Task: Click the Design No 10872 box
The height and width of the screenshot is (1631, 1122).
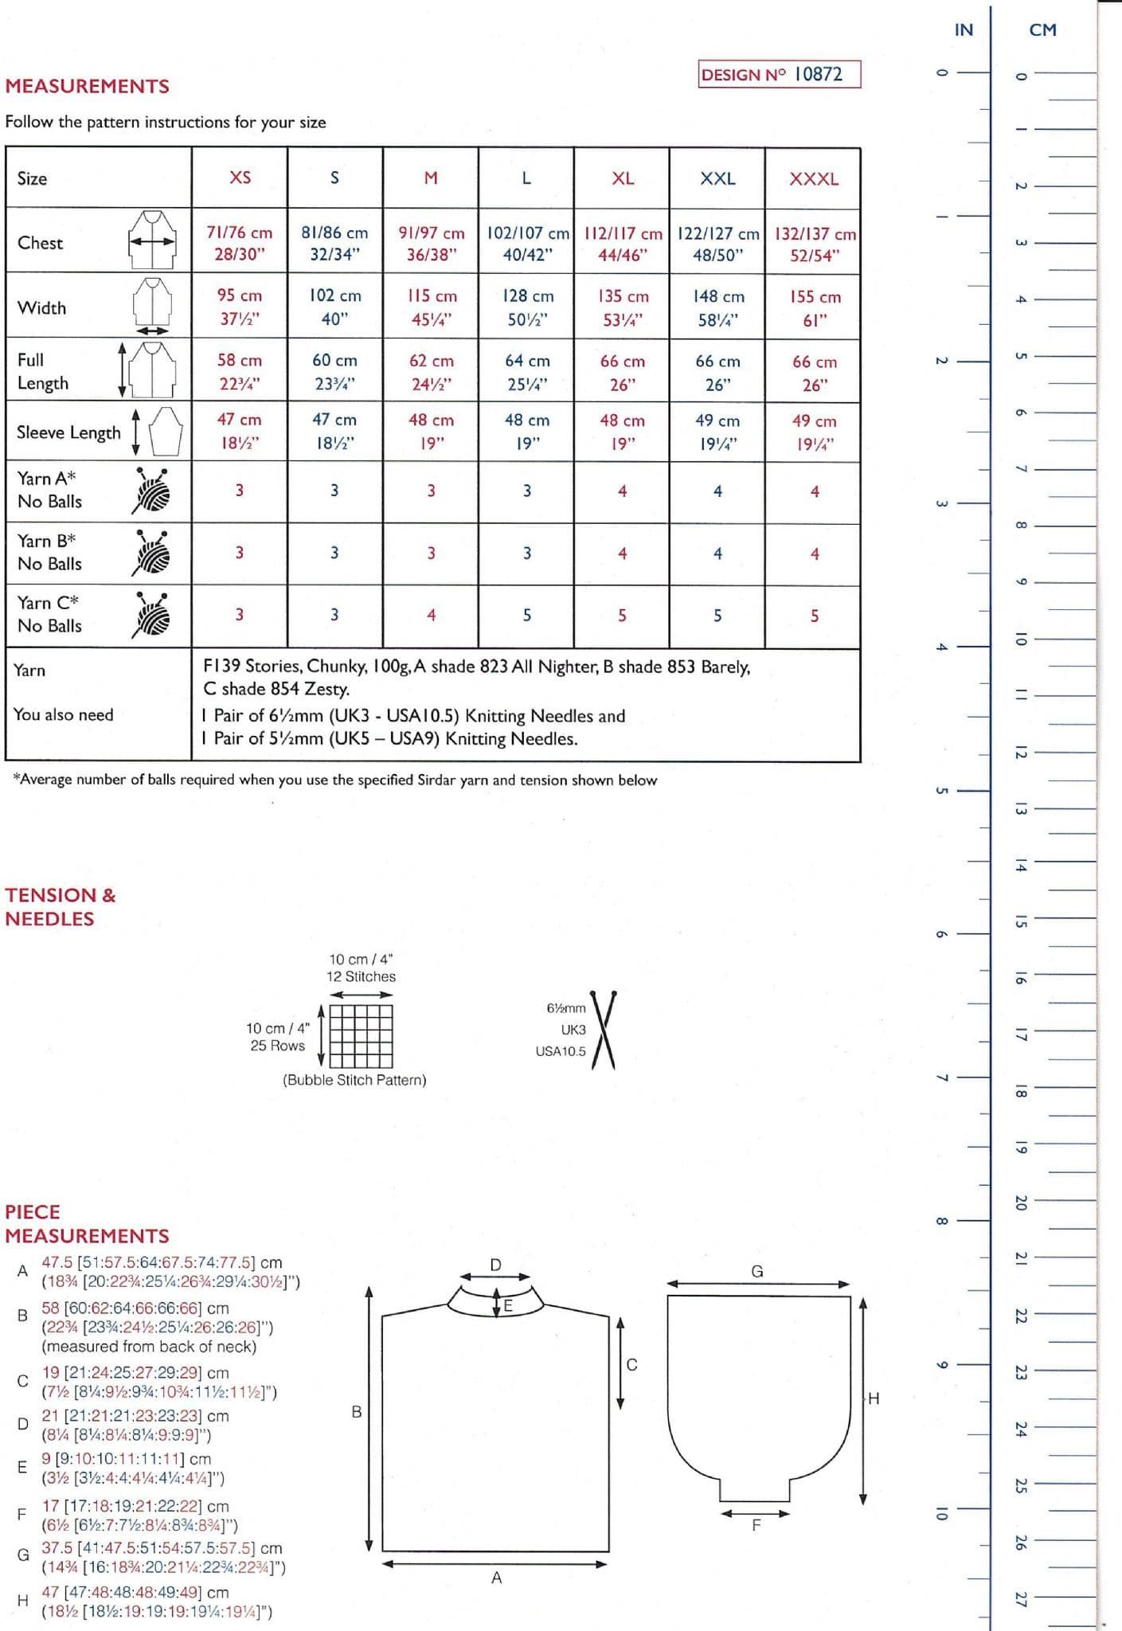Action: coord(779,74)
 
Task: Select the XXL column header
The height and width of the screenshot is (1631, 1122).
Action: coord(717,178)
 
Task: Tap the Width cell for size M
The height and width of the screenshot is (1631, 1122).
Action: coord(431,307)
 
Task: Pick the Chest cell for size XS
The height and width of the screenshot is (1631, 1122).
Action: coord(239,243)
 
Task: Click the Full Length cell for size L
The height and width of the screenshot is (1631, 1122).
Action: coord(526,372)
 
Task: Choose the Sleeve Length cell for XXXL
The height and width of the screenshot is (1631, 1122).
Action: coord(813,432)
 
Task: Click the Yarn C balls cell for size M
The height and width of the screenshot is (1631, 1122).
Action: coord(431,615)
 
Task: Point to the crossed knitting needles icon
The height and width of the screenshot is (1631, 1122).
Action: coord(603,1029)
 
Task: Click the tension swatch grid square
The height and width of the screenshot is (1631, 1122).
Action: coord(361,1035)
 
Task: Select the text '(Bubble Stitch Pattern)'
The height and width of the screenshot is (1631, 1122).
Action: coord(354,1080)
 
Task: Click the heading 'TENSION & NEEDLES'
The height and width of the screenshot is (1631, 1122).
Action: coord(61,906)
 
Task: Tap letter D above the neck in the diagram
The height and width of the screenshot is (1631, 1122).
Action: coord(495,1265)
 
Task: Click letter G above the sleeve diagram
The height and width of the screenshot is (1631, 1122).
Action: coord(756,1271)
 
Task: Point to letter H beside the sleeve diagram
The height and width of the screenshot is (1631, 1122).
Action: coord(874,1398)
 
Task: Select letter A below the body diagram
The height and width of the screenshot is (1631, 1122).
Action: coord(496,1577)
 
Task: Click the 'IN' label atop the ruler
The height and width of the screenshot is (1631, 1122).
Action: coord(964,30)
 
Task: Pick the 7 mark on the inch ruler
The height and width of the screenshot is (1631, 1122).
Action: coord(941,1078)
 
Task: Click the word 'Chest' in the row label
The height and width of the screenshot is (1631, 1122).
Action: coord(40,243)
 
